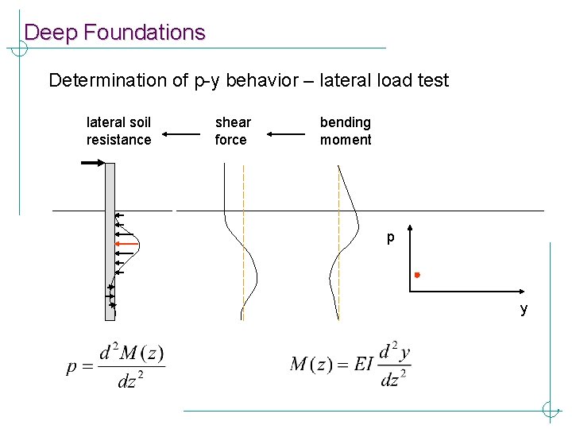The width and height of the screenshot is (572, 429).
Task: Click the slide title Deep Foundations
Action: tap(114, 33)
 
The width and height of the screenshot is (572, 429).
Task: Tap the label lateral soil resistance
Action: tap(118, 131)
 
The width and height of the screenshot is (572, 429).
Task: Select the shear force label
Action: tap(233, 131)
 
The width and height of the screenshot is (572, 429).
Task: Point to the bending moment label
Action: tap(346, 131)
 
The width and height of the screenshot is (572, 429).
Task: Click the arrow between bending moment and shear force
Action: tap(286, 134)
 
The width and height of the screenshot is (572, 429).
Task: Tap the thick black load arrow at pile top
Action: tap(92, 163)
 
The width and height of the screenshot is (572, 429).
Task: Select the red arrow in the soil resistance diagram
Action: tap(126, 243)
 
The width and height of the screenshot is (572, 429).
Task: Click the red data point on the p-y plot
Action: tap(416, 275)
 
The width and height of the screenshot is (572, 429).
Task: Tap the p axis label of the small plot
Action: tap(390, 237)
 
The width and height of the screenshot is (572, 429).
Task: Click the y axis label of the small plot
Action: tap(524, 309)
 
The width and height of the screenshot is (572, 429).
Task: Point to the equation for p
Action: tap(115, 365)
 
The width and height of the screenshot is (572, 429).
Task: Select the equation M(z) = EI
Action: tap(350, 365)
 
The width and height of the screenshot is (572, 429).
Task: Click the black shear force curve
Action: tap(253, 262)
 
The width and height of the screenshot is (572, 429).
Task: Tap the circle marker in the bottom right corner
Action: tap(550, 410)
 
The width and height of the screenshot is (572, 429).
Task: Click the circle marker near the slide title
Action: tap(18, 48)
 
